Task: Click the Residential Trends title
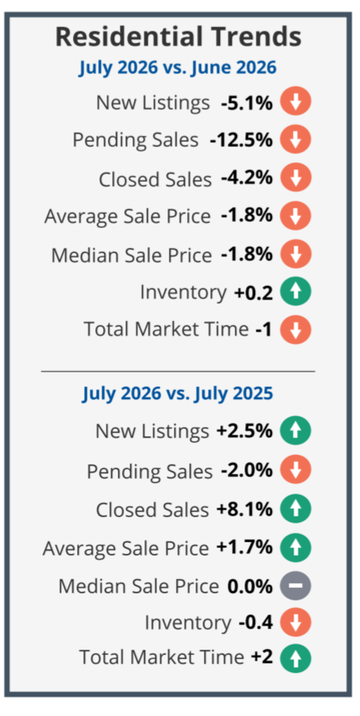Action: click(x=178, y=37)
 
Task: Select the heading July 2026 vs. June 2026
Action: click(x=178, y=68)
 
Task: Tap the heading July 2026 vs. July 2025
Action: click(x=178, y=393)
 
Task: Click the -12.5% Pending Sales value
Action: click(x=241, y=140)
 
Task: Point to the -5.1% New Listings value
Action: click(x=247, y=102)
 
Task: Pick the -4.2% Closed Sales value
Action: click(x=247, y=178)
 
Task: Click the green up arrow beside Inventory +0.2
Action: click(x=296, y=291)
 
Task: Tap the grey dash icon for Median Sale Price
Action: click(x=296, y=585)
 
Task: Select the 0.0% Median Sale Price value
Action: click(x=250, y=586)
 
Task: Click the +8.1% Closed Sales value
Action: click(x=244, y=509)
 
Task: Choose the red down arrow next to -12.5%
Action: click(x=296, y=139)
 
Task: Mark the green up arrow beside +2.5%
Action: click(x=296, y=430)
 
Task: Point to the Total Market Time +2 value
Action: click(x=262, y=657)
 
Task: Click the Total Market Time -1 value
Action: click(x=263, y=329)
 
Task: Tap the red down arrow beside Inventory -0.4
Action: click(x=296, y=622)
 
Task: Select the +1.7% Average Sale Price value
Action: click(x=244, y=547)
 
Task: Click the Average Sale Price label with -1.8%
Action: click(x=127, y=216)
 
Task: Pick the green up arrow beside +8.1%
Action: click(x=296, y=509)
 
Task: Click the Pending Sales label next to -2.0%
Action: click(x=149, y=472)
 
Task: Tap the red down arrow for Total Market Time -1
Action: click(x=296, y=329)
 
